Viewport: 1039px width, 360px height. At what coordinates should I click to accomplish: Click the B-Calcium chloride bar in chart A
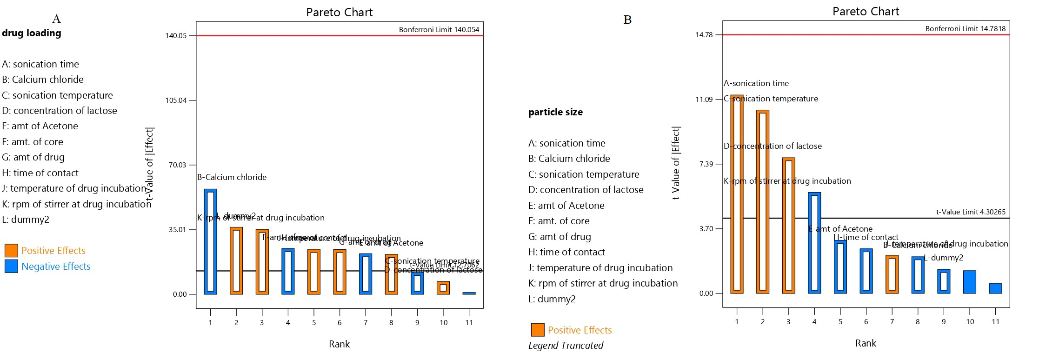click(210, 241)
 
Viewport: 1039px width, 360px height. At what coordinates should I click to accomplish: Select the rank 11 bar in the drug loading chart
click(469, 293)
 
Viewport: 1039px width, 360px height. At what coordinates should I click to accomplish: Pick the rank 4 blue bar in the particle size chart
click(814, 242)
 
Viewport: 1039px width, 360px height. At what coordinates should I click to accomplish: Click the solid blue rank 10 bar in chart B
click(970, 282)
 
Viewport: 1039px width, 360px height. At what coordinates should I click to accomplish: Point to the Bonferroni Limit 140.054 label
click(439, 29)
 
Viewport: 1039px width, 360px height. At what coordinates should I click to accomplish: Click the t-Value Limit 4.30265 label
click(971, 212)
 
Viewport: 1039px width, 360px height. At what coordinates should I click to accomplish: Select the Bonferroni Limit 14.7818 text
click(965, 29)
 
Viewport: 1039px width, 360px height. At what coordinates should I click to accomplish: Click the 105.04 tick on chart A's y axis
click(176, 100)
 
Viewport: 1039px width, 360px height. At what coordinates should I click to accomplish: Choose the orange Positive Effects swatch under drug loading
click(11, 251)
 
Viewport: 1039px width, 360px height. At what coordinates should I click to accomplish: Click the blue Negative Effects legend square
click(11, 267)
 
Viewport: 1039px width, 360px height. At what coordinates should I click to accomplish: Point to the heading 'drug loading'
click(32, 33)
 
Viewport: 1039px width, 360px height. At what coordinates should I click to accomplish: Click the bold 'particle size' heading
click(555, 112)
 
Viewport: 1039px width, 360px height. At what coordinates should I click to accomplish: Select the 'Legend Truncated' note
click(566, 346)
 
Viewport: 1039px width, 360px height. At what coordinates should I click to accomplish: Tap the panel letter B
click(627, 20)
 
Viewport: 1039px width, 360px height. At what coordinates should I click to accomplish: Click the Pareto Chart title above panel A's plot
click(339, 13)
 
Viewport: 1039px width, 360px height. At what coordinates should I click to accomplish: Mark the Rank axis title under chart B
click(866, 343)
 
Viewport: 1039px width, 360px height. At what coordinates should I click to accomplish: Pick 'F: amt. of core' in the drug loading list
click(33, 142)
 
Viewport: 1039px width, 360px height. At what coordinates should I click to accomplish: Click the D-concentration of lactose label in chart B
click(773, 146)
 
